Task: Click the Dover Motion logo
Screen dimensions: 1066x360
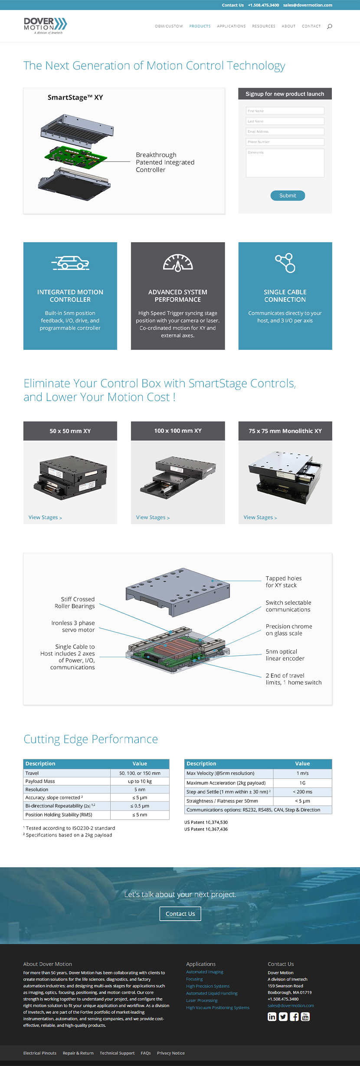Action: click(x=45, y=26)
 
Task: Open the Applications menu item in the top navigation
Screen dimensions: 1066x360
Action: click(x=231, y=26)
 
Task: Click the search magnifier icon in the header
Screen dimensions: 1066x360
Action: click(x=330, y=26)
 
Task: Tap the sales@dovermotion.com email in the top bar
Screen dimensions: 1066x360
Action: click(x=308, y=5)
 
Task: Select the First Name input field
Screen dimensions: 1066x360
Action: click(x=285, y=111)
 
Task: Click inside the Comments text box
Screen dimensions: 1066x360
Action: click(x=285, y=163)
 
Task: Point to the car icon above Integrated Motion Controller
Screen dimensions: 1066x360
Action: click(x=71, y=262)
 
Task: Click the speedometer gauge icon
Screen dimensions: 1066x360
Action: click(x=178, y=263)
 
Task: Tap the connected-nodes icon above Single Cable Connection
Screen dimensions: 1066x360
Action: click(x=285, y=263)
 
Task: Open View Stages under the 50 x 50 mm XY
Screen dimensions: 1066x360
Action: click(x=45, y=518)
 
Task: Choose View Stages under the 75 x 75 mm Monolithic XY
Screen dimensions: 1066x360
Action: click(x=260, y=518)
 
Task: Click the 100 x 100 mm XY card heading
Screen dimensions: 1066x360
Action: click(x=178, y=431)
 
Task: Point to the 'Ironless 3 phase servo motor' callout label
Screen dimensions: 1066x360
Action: click(x=73, y=626)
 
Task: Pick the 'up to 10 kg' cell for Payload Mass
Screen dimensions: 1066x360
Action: click(x=140, y=781)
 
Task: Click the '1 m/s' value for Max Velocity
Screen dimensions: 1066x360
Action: click(x=302, y=773)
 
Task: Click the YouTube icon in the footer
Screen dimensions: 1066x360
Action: click(x=305, y=1017)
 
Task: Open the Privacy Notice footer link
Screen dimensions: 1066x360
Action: click(x=170, y=1053)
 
